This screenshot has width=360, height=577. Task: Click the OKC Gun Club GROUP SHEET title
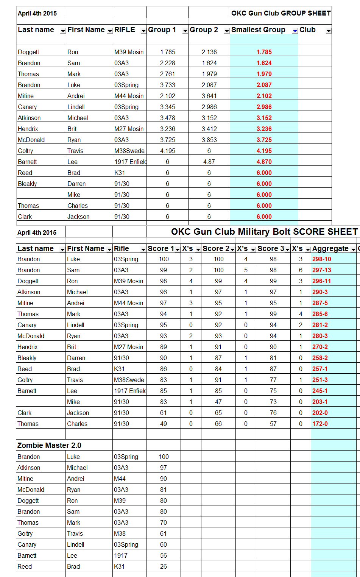pyautogui.click(x=281, y=13)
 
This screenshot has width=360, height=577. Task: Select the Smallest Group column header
pyautogui.click(x=258, y=30)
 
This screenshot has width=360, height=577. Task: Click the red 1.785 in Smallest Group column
pyautogui.click(x=264, y=52)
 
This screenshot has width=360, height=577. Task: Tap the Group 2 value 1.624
pyautogui.click(x=209, y=63)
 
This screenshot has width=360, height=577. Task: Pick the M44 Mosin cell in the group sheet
pyautogui.click(x=129, y=96)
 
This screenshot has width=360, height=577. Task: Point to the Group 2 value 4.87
pyautogui.click(x=209, y=162)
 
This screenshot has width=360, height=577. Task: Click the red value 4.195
pyautogui.click(x=264, y=151)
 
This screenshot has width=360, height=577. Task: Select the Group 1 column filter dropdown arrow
pyautogui.click(x=185, y=31)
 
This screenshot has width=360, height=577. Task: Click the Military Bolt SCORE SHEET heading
pyautogui.click(x=264, y=232)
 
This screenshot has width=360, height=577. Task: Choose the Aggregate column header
pyautogui.click(x=330, y=249)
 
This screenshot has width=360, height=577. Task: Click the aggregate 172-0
pyautogui.click(x=320, y=424)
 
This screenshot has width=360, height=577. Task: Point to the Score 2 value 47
pyautogui.click(x=218, y=402)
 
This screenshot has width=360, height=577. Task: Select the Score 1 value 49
pyautogui.click(x=164, y=424)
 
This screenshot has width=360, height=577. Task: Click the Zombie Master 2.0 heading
pyautogui.click(x=49, y=445)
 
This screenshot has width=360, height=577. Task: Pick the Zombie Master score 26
pyautogui.click(x=164, y=566)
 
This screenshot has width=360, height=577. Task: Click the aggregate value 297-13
pyautogui.click(x=321, y=270)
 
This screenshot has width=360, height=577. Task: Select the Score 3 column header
pyautogui.click(x=271, y=249)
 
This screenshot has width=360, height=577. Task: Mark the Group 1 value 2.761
pyautogui.click(x=167, y=74)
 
